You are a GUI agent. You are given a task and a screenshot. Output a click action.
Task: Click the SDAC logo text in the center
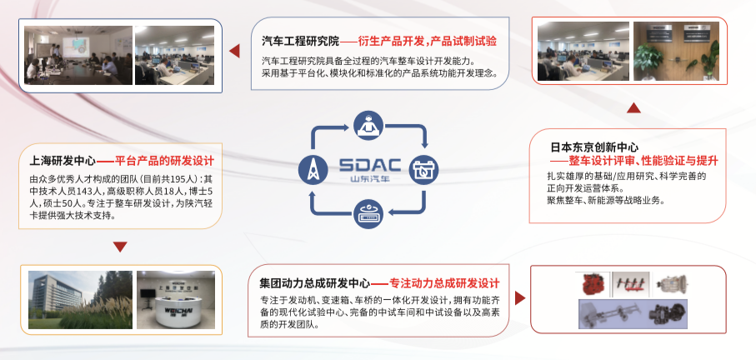pos(370,165)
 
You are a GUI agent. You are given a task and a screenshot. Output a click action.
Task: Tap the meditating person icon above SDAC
pos(369,124)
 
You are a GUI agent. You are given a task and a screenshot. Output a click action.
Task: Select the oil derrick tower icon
pos(313,170)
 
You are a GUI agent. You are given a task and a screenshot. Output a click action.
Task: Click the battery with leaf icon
pos(424,170)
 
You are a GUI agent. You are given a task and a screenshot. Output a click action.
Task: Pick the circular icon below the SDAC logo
pos(369,214)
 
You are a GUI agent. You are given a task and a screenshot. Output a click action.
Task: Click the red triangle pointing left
pos(234,51)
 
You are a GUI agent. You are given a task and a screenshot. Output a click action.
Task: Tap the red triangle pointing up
pos(633,107)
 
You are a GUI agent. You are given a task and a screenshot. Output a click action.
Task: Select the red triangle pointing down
pos(120,247)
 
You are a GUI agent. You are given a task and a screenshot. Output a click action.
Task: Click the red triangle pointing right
pos(520,297)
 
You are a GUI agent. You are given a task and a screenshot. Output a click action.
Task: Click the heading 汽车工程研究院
pos(301,41)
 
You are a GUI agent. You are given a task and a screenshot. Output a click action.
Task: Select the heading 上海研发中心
pos(63,161)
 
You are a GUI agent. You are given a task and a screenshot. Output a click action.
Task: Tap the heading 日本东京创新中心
pos(594,147)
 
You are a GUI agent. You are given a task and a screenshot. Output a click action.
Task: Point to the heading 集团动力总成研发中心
pos(314,282)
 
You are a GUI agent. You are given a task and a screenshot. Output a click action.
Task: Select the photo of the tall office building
pos(80,300)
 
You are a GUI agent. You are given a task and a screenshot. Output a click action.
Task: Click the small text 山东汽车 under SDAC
pos(369,179)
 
